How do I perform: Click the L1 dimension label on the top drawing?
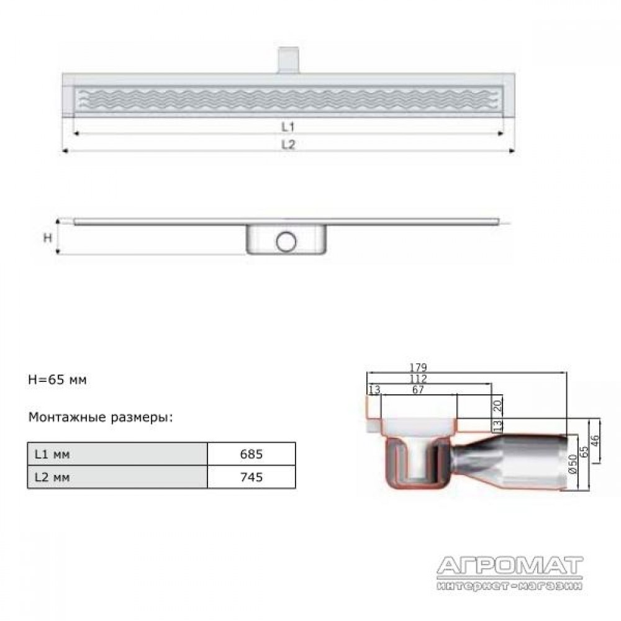click(x=288, y=127)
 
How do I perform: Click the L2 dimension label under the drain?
click(x=288, y=145)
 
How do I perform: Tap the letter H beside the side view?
click(x=48, y=238)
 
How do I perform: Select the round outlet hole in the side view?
click(x=286, y=242)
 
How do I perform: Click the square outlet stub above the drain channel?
click(x=288, y=60)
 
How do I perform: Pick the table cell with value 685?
click(x=252, y=454)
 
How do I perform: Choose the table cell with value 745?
click(x=252, y=477)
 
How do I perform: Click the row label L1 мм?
click(x=52, y=455)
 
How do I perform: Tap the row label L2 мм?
click(x=52, y=477)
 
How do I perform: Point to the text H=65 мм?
click(x=57, y=380)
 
